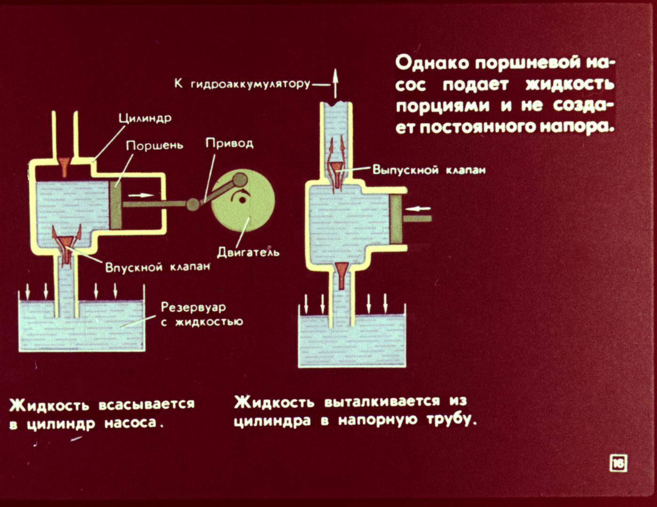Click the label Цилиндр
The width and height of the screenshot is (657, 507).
pyautogui.click(x=145, y=118)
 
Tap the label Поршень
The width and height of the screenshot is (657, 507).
pyautogui.click(x=155, y=146)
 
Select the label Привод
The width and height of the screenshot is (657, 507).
pyautogui.click(x=229, y=144)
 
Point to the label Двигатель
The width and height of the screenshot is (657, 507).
pyautogui.click(x=248, y=252)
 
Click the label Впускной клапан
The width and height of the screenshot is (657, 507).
pyautogui.click(x=157, y=267)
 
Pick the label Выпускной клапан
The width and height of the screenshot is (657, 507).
pyautogui.click(x=429, y=170)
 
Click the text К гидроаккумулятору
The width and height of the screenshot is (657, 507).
pyautogui.click(x=242, y=84)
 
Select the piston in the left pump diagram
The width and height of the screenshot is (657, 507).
pyautogui.click(x=116, y=205)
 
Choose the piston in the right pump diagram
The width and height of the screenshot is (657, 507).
pyautogui.click(x=396, y=220)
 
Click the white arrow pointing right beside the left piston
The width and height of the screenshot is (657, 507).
pyautogui.click(x=141, y=195)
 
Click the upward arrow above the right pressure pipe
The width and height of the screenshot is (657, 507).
pyautogui.click(x=335, y=84)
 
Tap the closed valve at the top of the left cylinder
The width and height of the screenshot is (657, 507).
pyautogui.click(x=64, y=166)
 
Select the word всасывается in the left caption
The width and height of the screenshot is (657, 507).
pyautogui.click(x=147, y=404)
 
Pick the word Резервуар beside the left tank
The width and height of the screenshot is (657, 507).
pyautogui.click(x=193, y=307)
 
